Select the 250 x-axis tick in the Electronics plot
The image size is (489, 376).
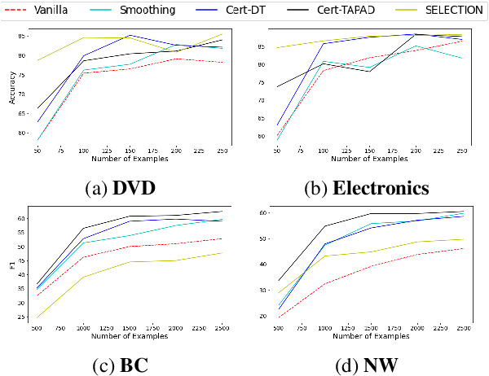click(x=461, y=151)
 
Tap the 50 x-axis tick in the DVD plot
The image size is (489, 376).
click(x=37, y=151)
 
